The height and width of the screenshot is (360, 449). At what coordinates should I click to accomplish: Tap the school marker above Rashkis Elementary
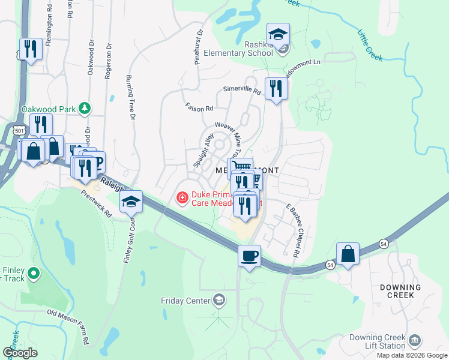tap(278, 35)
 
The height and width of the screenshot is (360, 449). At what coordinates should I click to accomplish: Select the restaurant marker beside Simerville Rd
tap(276, 89)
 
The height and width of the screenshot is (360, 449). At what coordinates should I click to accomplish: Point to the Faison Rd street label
tap(201, 109)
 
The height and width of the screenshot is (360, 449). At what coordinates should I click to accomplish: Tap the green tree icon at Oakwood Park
tap(86, 108)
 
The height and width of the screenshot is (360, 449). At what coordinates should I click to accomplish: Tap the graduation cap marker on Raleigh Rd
tap(131, 202)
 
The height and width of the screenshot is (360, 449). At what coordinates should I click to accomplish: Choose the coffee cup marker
tap(249, 256)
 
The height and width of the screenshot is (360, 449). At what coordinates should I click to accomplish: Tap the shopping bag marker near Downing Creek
tap(348, 254)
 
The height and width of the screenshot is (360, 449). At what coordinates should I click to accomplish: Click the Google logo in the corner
tap(20, 353)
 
